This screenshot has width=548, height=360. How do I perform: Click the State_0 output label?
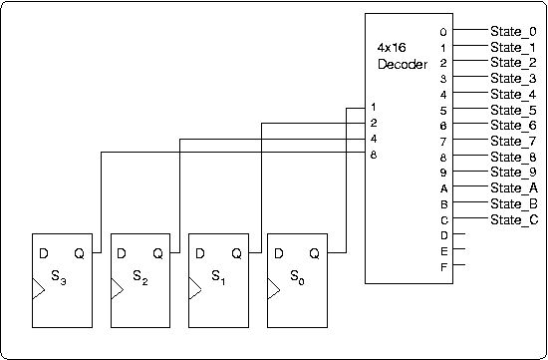513,31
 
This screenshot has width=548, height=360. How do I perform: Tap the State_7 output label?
513,141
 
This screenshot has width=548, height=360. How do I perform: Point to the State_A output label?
513,187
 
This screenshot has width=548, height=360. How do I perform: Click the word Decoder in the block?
403,64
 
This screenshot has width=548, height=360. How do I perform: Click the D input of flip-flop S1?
198,252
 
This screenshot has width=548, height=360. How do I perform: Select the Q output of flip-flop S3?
80,252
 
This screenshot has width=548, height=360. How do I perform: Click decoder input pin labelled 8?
373,154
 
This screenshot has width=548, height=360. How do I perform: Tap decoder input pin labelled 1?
373,107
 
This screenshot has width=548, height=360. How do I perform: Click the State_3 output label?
513,78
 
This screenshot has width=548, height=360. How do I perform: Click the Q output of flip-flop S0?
315,252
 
